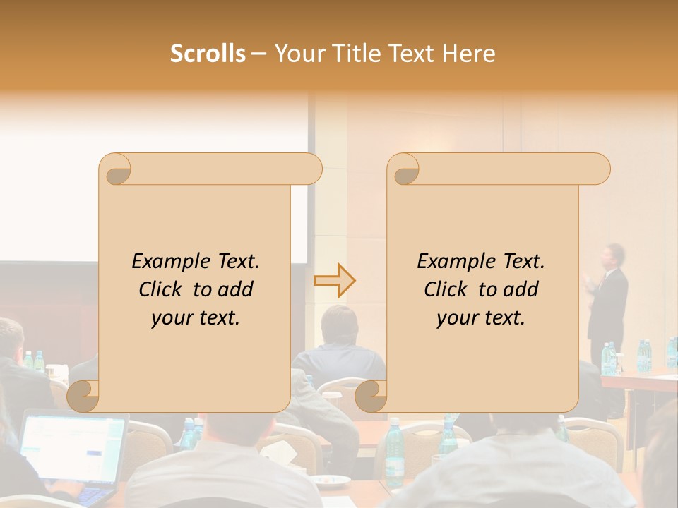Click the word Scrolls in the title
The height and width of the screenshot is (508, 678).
click(x=208, y=54)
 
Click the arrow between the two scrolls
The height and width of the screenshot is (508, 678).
click(x=335, y=280)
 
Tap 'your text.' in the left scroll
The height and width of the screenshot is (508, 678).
click(x=196, y=318)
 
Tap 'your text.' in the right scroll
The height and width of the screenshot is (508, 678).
click(x=481, y=318)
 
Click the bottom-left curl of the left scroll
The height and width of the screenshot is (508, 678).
click(x=84, y=396)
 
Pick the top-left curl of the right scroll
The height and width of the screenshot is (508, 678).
click(x=404, y=170)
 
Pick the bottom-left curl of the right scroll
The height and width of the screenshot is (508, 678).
click(x=371, y=396)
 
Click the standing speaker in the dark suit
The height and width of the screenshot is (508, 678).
click(x=609, y=303)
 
